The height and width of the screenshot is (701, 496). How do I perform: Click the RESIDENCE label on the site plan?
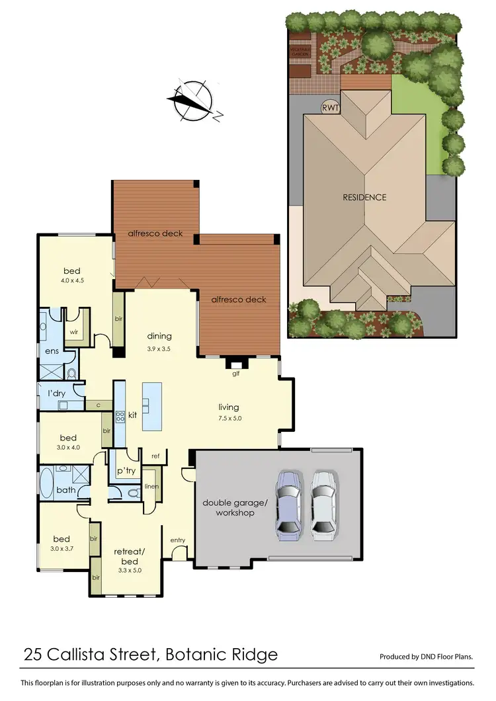click(364, 197)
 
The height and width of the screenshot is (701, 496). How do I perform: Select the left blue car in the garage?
click(289, 502)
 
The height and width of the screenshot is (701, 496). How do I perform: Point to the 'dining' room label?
click(159, 336)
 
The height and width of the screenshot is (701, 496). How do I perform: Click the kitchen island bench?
click(151, 405)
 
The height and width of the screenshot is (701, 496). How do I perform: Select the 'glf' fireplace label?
click(235, 374)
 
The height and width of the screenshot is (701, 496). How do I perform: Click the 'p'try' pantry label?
click(126, 470)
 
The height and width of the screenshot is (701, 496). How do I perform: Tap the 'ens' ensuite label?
click(52, 350)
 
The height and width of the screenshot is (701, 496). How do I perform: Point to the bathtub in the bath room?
click(46, 484)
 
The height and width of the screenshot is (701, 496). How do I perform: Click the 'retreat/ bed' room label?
click(129, 555)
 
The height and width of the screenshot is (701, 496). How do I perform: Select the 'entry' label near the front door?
click(178, 540)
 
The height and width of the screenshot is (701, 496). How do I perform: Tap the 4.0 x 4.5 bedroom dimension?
click(73, 280)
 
